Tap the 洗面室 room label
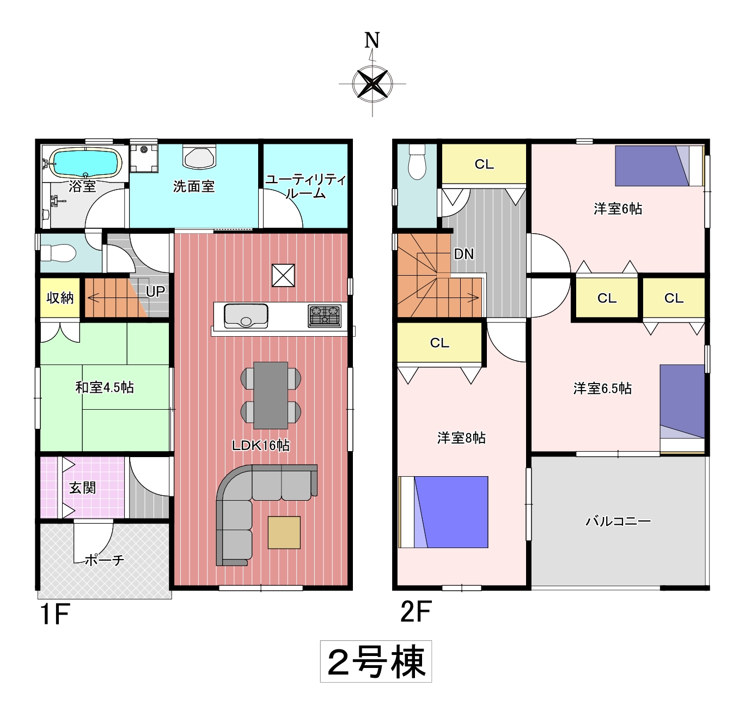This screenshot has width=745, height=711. pos(194,186)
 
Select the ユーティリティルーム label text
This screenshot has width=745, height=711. pos(306,186)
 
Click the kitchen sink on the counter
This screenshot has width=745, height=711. pos(246,316)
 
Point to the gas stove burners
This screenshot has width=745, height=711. pos(325,316)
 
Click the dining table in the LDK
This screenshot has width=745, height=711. pos(271,395)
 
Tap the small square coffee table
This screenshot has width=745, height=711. pos(284,532)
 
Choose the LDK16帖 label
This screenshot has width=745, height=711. pos(261,445)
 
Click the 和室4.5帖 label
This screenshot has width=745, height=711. pos(105,387)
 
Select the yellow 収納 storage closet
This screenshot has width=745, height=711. pos(60,298)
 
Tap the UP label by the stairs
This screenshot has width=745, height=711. pos(155,291)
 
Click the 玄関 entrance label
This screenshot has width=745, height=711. pos(82,488)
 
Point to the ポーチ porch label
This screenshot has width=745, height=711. pos(104,560)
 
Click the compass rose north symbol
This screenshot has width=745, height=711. pos(372,83)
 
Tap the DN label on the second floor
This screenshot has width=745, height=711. pos(464,254)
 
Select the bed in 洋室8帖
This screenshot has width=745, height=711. pos(443,512)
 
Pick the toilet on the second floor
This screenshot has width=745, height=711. pos(417,161)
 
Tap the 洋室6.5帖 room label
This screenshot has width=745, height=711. pos(602,388)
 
